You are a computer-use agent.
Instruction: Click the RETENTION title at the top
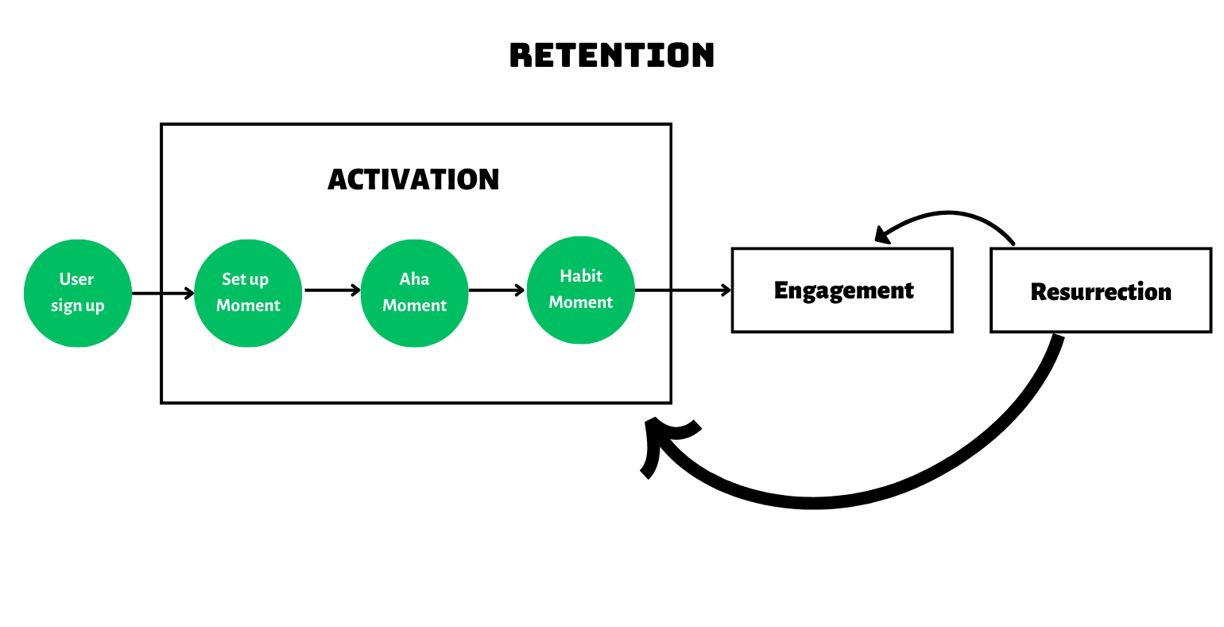click(611, 55)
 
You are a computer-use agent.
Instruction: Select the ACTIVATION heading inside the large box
click(413, 179)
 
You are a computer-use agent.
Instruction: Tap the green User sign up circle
click(78, 293)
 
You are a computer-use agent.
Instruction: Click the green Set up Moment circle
click(248, 293)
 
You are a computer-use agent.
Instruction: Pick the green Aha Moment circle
click(414, 293)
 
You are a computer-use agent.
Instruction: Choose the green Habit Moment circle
click(580, 290)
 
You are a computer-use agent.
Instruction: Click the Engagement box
click(842, 290)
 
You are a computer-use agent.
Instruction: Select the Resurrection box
click(1101, 291)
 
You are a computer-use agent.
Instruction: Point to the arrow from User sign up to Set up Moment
click(162, 294)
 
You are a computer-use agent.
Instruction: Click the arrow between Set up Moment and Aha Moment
click(331, 290)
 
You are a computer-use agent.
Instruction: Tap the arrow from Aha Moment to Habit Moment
click(497, 290)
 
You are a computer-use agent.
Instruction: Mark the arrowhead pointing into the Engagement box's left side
click(725, 290)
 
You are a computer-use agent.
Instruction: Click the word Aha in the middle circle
click(414, 279)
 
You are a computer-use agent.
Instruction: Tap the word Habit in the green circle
click(581, 276)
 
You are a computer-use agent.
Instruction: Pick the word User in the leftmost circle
click(76, 279)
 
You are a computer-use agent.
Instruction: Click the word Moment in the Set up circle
click(248, 306)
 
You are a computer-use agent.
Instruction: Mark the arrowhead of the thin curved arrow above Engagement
click(881, 235)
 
